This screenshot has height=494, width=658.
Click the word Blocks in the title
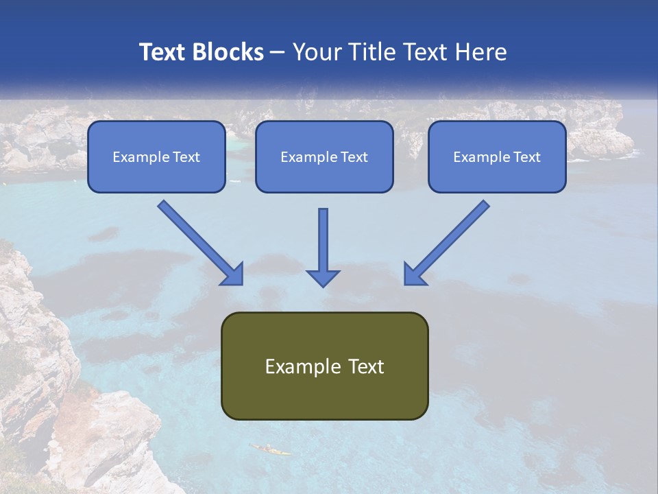click(228, 52)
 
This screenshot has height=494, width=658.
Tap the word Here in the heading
click(479, 52)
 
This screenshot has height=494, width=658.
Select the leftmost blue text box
click(156, 157)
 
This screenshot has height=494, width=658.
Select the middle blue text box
click(324, 157)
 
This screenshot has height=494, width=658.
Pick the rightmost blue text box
click(497, 157)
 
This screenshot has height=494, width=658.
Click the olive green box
click(324, 366)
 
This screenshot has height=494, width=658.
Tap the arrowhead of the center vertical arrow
click(323, 277)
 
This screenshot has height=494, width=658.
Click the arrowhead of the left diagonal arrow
click(233, 274)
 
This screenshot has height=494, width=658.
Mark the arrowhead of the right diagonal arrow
click(414, 274)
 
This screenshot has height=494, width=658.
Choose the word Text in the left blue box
click(186, 157)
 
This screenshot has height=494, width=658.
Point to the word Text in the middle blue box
click(354, 157)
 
